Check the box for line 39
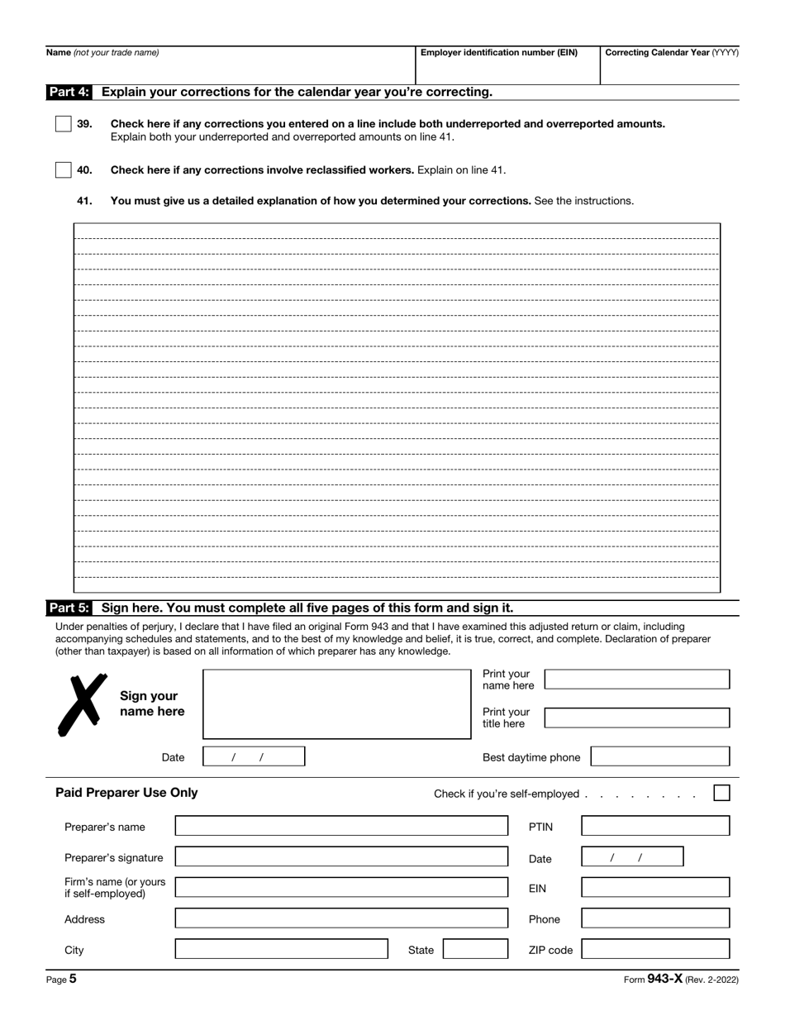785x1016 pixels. (64, 124)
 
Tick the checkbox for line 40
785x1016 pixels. (64, 170)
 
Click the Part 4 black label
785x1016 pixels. (69, 92)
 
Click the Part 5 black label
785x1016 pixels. (69, 608)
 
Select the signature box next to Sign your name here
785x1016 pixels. (336, 704)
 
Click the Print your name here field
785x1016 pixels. (637, 680)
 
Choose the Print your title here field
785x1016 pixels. (637, 718)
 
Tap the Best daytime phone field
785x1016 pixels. (660, 756)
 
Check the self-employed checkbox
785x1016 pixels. (721, 793)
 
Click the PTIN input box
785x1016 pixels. (655, 826)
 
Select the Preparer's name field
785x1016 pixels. (341, 826)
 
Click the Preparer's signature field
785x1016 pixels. (341, 856)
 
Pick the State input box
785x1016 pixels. (475, 949)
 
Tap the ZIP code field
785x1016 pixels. (655, 949)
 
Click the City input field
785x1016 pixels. (281, 949)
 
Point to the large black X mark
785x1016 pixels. (83, 704)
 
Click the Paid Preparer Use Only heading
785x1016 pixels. (126, 793)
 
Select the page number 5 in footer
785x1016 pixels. (73, 979)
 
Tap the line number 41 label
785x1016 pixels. (84, 201)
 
